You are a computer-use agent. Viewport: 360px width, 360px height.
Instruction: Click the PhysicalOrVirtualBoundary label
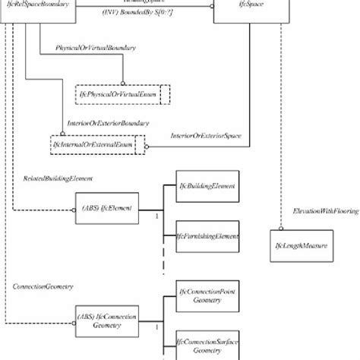(x=96, y=47)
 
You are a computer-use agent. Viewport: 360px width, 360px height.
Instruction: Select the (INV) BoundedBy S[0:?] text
(x=132, y=13)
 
